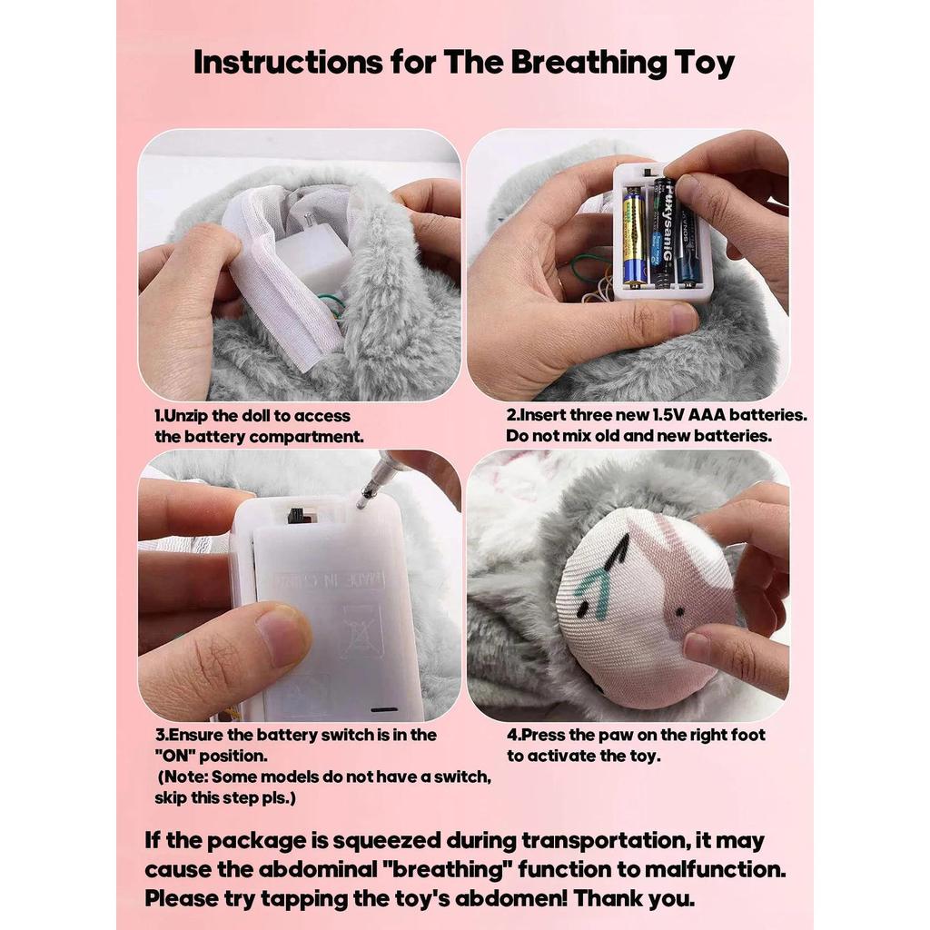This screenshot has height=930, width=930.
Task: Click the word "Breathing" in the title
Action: point(589,63)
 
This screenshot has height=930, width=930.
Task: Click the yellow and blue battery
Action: point(634,237)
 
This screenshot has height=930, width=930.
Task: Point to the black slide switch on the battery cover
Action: point(301,514)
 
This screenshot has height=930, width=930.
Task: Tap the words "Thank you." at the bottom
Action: point(634,899)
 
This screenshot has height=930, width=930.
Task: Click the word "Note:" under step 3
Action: point(183,777)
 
